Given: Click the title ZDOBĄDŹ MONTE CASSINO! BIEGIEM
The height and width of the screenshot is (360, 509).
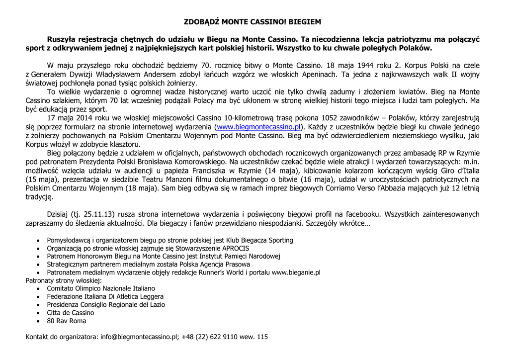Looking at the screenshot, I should [253, 22].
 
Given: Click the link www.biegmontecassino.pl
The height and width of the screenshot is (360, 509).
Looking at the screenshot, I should [257, 127].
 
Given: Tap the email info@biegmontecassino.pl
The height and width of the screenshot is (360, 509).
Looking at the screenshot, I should [139, 337].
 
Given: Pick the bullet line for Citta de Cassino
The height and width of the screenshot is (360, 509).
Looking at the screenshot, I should [70, 313].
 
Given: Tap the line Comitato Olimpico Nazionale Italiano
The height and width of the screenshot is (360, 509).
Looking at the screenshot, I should [101, 288].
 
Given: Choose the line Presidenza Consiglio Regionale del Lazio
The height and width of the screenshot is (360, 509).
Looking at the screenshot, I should [106, 304].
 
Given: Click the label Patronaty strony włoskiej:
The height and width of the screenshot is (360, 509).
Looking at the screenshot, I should [64, 280].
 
